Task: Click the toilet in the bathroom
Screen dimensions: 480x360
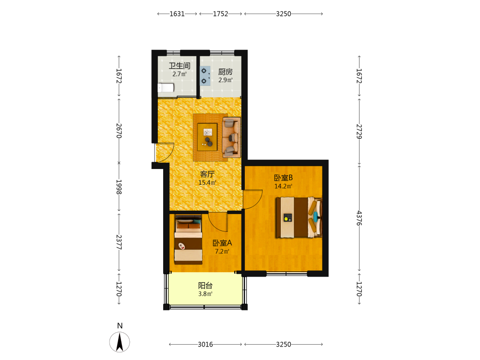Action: click(x=166, y=88)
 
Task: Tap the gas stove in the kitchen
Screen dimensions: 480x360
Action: click(x=205, y=76)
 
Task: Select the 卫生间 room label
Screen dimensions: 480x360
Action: click(x=180, y=65)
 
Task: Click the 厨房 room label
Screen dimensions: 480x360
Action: click(x=225, y=72)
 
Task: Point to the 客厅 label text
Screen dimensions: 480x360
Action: click(x=207, y=174)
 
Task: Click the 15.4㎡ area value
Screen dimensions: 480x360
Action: click(x=207, y=183)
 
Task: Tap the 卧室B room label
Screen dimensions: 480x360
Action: click(x=283, y=178)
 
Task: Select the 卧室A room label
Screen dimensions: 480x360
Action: click(x=222, y=243)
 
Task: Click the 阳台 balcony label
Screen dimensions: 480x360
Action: click(x=205, y=286)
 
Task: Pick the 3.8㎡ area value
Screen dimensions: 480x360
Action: click(x=205, y=294)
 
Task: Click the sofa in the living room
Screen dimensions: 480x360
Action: click(x=231, y=137)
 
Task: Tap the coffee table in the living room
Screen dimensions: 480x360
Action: click(x=207, y=137)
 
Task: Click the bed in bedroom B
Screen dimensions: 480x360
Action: click(x=299, y=217)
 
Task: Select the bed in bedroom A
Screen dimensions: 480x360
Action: click(x=188, y=240)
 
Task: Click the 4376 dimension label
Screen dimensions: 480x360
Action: click(x=359, y=218)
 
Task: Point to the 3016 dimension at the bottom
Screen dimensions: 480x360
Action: click(x=205, y=344)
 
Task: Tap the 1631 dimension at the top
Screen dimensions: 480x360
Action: click(x=177, y=14)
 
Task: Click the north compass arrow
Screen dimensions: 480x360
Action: click(x=120, y=342)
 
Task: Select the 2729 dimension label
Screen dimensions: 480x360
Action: click(x=359, y=132)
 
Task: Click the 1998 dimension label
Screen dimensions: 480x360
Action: click(x=119, y=187)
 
